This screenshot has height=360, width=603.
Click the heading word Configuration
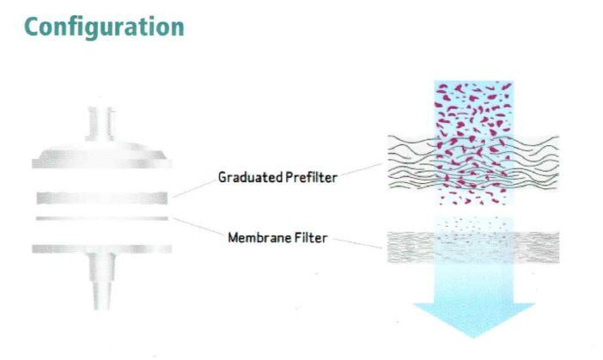click(104, 27)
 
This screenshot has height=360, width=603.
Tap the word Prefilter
click(312, 177)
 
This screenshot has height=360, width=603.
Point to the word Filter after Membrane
click(311, 238)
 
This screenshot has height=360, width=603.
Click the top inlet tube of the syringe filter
click(100, 124)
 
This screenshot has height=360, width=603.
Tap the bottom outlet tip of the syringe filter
click(102, 296)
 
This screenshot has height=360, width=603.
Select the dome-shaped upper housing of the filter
click(102, 155)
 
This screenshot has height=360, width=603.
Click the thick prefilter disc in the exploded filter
click(102, 198)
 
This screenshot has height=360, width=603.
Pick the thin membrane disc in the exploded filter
click(102, 218)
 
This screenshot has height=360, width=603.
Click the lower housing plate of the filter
click(102, 249)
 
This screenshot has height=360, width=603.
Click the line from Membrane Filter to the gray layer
click(356, 243)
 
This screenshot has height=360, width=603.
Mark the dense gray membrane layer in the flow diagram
click(473, 247)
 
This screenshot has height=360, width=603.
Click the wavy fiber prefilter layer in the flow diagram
click(473, 162)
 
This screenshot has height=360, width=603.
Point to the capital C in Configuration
click(33, 27)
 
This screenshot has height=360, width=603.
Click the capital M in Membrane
click(233, 238)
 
